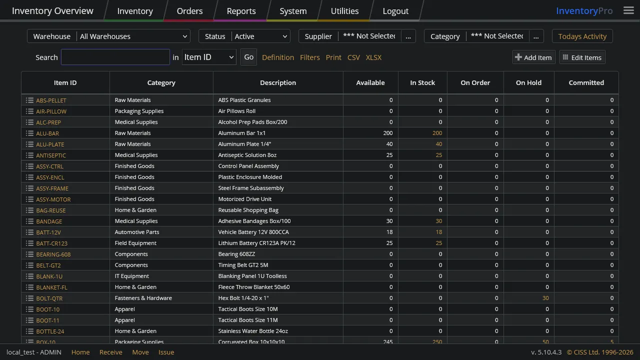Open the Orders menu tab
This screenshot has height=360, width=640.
pos(189,11)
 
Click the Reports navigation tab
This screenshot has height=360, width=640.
pos(241,11)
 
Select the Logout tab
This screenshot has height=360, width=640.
pos(395,11)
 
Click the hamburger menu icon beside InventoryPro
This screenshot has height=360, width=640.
pos(628,10)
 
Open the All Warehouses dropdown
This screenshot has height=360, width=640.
pos(133,36)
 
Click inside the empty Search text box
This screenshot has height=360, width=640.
pos(115,57)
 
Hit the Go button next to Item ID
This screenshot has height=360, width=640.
pos(248,57)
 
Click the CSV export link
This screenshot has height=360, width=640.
pos(353,57)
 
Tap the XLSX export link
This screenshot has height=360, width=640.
pos(373,57)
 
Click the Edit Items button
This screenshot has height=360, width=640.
pos(582,57)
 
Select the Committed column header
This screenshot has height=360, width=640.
pos(586,83)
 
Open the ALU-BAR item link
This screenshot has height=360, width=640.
pos(47,133)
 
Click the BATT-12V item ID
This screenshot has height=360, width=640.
pos(48,232)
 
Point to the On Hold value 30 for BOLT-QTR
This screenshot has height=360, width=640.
pos(545,298)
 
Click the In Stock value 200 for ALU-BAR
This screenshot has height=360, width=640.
pos(437,133)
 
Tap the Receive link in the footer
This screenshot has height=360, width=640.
pos(110,352)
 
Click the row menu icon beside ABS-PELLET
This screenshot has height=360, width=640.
pos(29,100)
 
